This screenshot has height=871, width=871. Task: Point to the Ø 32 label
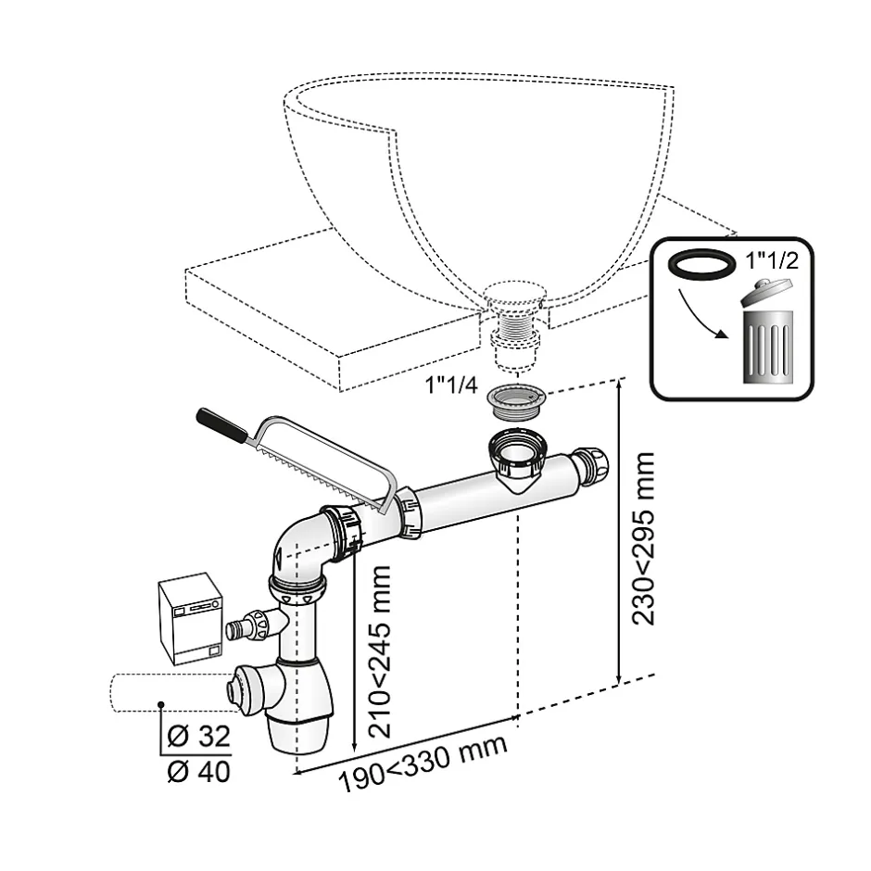tap(198, 738)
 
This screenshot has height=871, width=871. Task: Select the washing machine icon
tap(190, 620)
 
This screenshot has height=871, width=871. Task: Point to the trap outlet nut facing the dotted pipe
tap(235, 688)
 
